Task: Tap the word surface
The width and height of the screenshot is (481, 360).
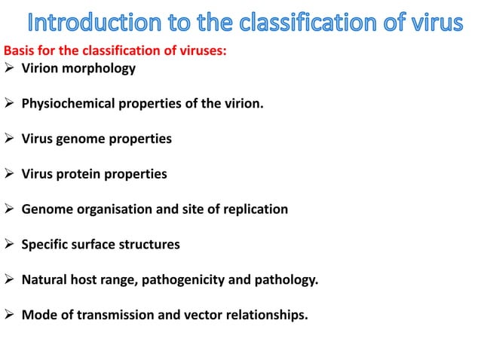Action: pos(95,245)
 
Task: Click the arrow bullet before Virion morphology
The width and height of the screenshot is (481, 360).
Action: pos(10,69)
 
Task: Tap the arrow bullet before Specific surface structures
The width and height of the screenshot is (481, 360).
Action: pos(10,245)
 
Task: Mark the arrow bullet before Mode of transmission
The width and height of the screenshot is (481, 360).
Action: pos(10,316)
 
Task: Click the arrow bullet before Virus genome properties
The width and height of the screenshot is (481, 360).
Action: pos(10,139)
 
